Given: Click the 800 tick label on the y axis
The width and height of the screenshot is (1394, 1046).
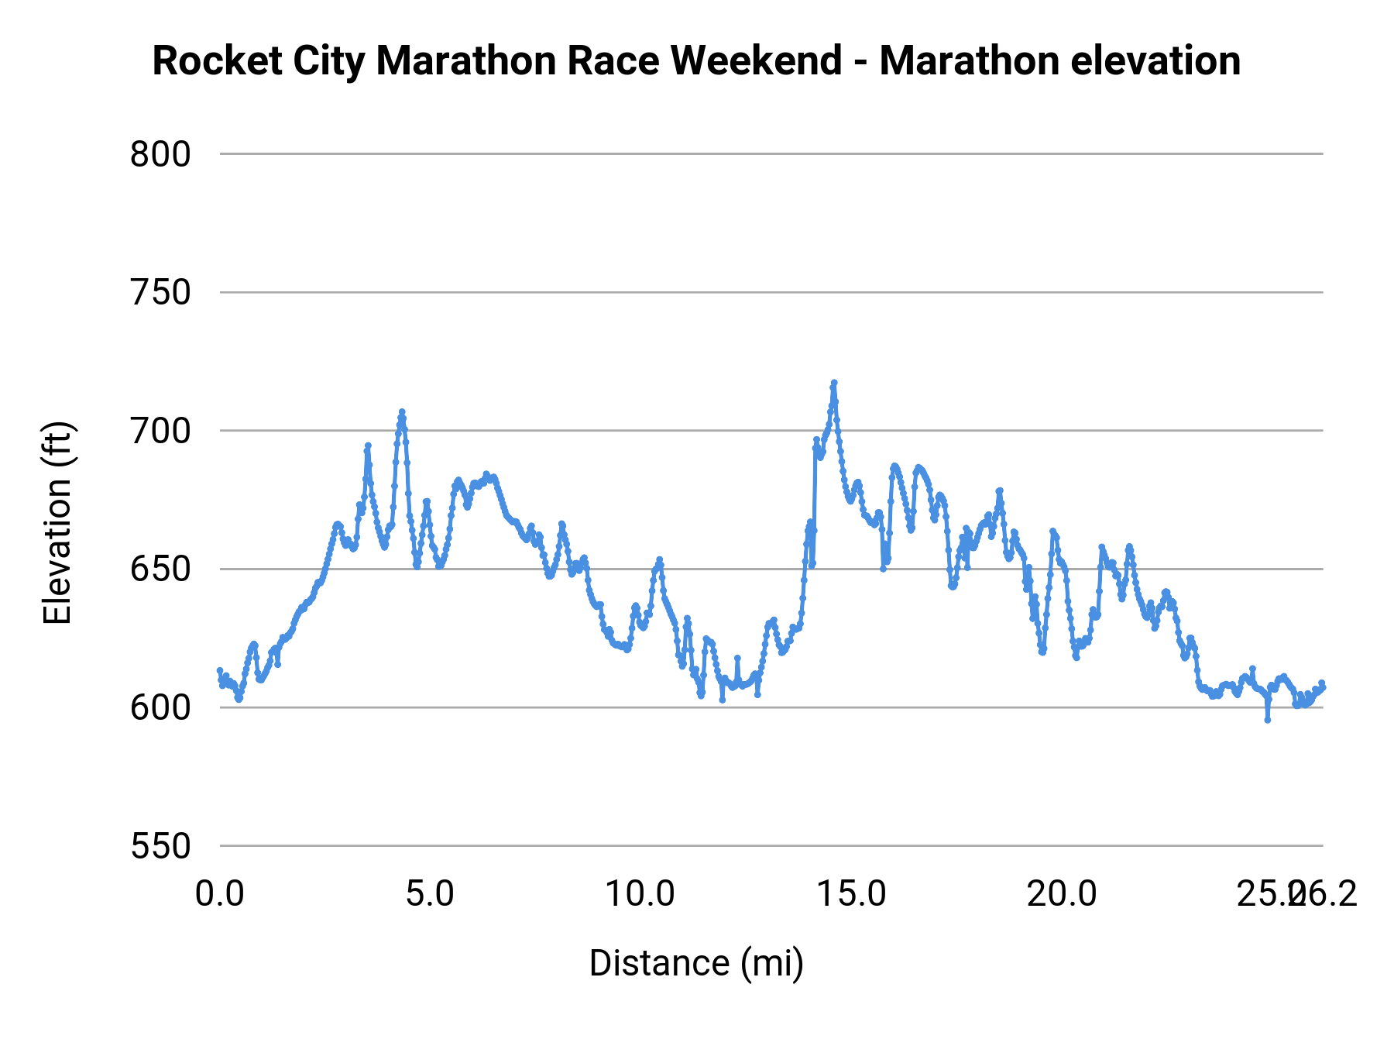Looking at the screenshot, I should (x=160, y=155).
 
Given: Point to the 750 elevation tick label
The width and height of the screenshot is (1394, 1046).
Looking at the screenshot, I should (x=160, y=293).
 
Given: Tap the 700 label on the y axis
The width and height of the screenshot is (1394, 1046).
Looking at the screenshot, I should (x=160, y=432).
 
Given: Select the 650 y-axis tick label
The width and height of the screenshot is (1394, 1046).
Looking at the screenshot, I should (x=160, y=569).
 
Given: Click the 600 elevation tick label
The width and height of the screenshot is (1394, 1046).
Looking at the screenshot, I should (x=160, y=708).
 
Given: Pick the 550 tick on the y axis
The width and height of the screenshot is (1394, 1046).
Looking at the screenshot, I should (x=160, y=846).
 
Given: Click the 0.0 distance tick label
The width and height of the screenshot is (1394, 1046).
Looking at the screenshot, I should (x=220, y=894).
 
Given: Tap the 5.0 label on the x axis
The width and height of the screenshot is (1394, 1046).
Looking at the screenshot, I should (x=431, y=894).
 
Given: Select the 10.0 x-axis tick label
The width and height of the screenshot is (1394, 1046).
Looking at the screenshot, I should (x=640, y=894).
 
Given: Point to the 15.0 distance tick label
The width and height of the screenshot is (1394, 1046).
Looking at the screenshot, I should (x=851, y=894).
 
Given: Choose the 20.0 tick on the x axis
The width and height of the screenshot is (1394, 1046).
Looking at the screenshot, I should (x=1062, y=894).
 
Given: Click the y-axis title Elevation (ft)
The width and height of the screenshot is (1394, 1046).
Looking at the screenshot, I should (x=58, y=523).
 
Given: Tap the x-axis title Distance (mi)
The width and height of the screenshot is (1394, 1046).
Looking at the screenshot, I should (x=696, y=963).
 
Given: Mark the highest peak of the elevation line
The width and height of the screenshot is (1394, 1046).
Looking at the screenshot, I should (x=834, y=383).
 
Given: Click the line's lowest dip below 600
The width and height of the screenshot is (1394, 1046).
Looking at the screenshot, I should (x=1268, y=720).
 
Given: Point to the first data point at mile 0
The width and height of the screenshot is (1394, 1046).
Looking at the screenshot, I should (x=220, y=670).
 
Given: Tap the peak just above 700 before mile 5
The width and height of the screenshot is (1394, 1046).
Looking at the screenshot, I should (x=402, y=412).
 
